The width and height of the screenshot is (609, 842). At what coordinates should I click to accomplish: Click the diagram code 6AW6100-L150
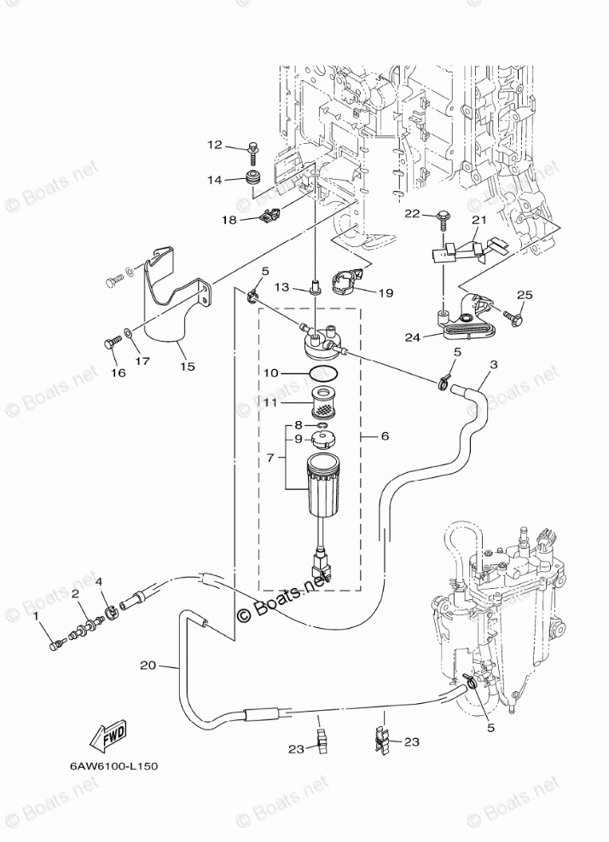coord(108,765)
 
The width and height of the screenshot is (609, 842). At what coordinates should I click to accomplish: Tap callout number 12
coord(213,145)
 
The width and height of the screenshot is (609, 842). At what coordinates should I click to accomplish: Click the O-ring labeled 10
coord(320,373)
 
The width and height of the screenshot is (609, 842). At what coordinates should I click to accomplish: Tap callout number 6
coord(384,435)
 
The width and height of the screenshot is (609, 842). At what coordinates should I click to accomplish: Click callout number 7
coord(270,458)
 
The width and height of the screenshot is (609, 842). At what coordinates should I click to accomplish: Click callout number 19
coord(385,292)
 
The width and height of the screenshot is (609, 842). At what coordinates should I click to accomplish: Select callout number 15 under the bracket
coord(187,366)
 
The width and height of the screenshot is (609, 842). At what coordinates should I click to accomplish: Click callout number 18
coord(229,220)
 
